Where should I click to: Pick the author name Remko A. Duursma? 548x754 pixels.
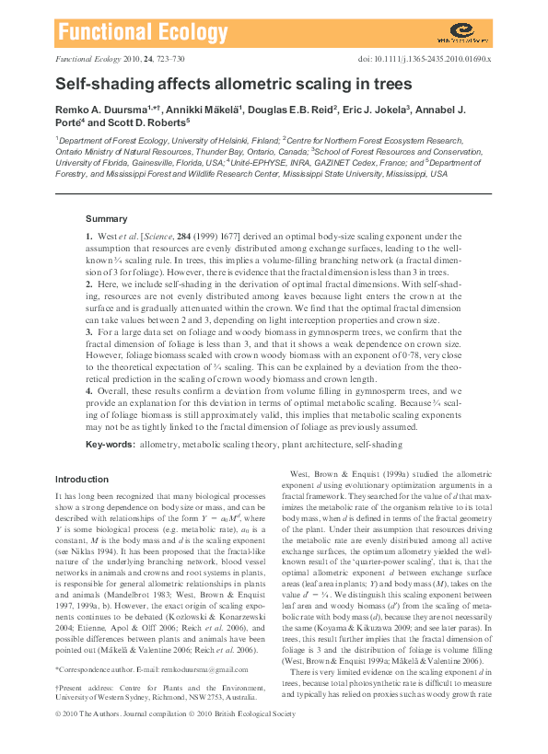96,110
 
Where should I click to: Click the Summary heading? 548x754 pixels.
107,219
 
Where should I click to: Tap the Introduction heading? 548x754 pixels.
82,480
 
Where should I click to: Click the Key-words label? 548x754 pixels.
109,445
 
